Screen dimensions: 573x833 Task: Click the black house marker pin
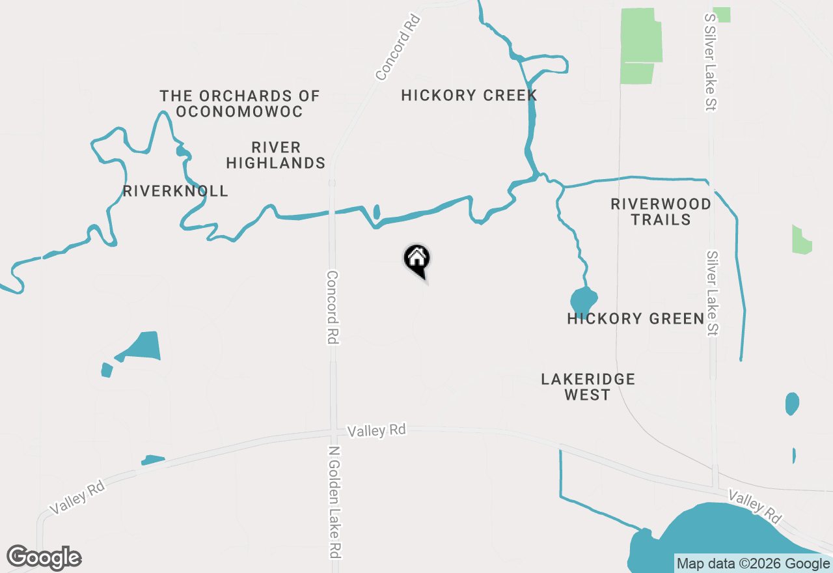tap(417, 259)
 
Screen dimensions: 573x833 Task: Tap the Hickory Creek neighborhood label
tap(469, 95)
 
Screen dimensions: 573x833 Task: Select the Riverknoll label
tap(175, 191)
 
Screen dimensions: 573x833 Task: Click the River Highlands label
tap(275, 155)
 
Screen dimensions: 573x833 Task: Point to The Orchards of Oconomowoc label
tap(239, 104)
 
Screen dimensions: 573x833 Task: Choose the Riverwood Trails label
tap(661, 212)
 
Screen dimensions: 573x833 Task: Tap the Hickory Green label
tap(636, 318)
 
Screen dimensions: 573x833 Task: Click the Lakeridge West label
tap(588, 387)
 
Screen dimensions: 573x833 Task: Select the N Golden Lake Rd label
tap(335, 501)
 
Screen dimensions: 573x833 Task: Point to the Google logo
tap(44, 557)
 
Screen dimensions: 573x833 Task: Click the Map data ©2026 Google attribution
tap(753, 564)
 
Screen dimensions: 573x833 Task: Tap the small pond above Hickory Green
tap(583, 300)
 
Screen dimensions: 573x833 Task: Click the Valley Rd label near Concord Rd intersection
tap(376, 430)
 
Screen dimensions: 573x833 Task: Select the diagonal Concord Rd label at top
tap(398, 47)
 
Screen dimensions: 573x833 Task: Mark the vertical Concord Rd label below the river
tap(333, 307)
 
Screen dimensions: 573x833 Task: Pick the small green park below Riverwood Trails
tap(802, 240)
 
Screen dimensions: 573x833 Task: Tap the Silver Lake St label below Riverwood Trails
tap(712, 294)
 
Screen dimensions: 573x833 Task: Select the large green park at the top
tap(641, 46)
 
